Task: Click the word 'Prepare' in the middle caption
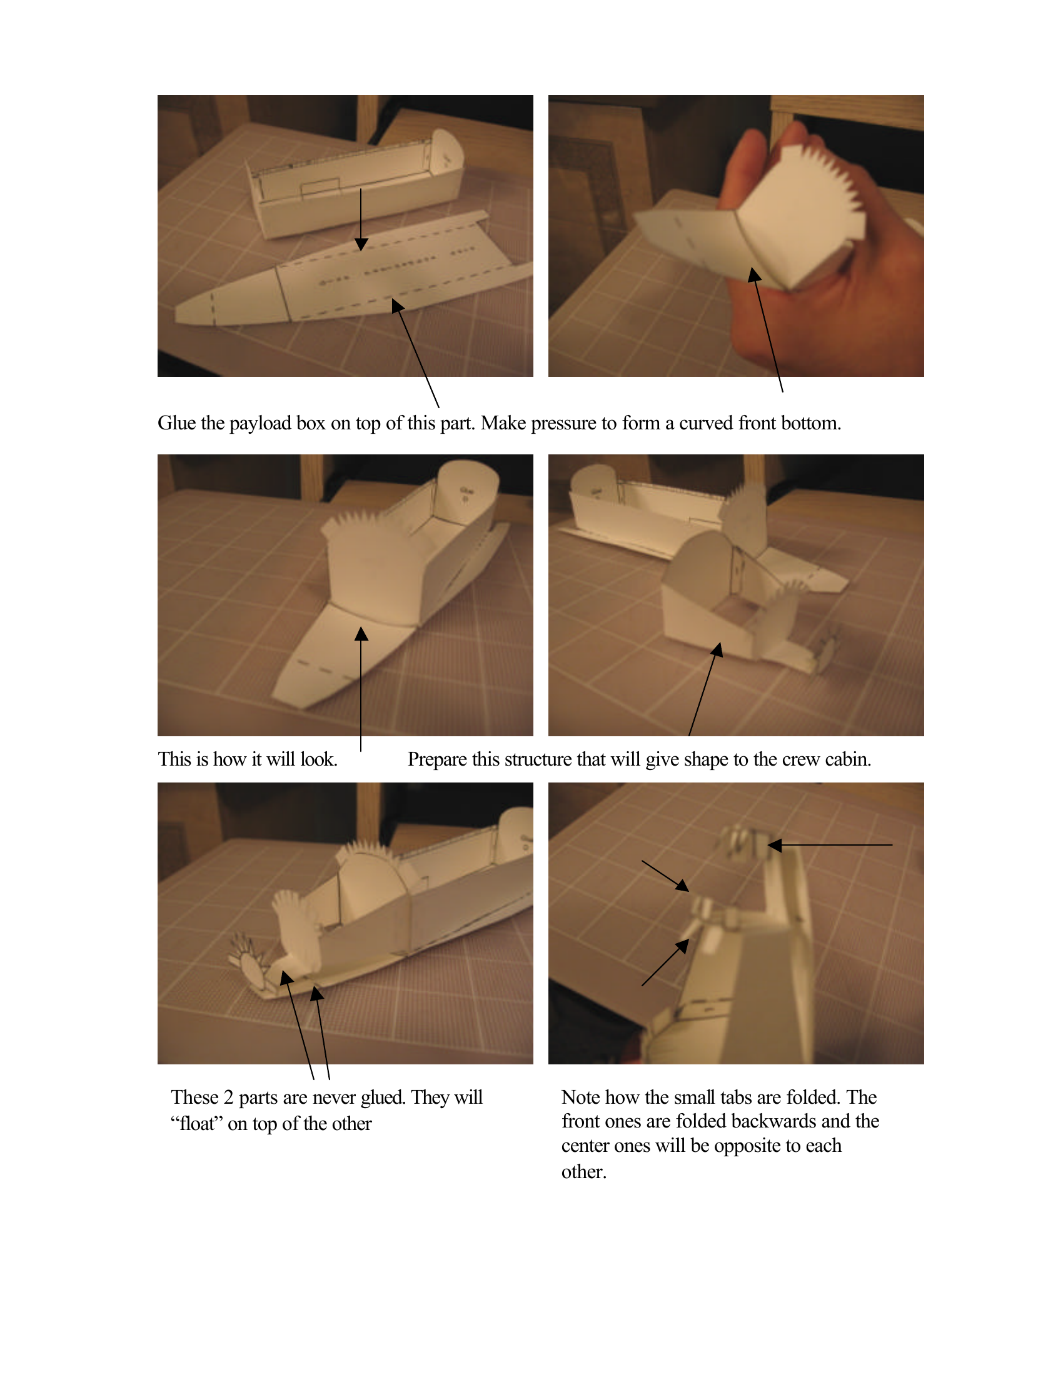pos(437,760)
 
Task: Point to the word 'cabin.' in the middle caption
pos(848,760)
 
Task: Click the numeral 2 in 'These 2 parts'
pos(228,1098)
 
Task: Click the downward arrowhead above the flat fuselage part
pos(361,244)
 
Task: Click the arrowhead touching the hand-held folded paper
pos(754,275)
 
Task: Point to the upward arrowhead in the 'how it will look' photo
pos(361,633)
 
